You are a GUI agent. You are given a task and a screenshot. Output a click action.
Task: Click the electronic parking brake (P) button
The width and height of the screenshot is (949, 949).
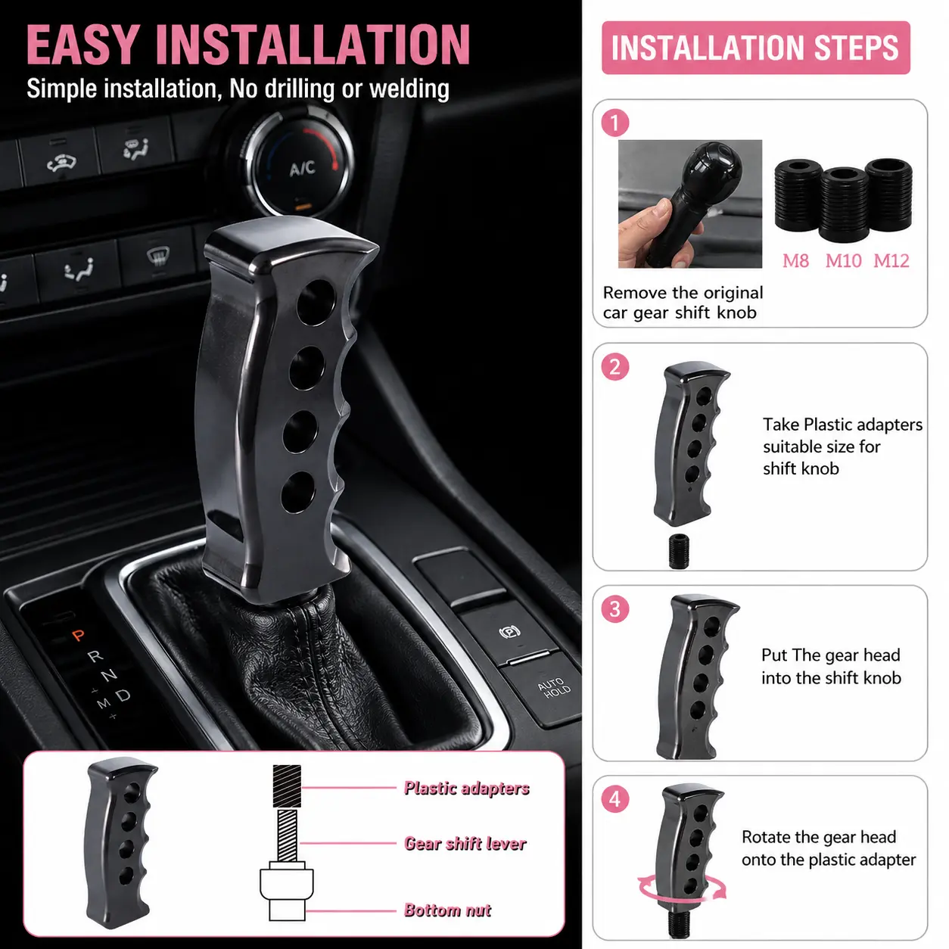(510, 631)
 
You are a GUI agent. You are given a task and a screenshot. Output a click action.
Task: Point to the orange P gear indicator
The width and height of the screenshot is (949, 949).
(78, 635)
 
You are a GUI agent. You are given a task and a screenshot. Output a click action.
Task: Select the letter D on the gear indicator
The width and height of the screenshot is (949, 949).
(123, 695)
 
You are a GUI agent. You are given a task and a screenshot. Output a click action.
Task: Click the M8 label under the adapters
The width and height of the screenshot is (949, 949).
(795, 260)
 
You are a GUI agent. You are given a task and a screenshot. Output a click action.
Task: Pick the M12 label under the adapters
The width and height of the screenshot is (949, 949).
(891, 260)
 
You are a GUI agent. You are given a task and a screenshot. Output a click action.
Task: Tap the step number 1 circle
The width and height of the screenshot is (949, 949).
(615, 123)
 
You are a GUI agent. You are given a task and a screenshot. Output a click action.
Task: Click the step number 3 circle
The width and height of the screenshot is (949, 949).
(615, 608)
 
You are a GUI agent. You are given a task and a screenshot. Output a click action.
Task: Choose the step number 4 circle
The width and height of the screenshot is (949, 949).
(615, 798)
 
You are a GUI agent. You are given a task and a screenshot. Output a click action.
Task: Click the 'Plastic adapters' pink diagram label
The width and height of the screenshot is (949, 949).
(466, 788)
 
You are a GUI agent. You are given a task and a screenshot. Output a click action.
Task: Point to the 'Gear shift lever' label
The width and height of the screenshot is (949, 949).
(465, 844)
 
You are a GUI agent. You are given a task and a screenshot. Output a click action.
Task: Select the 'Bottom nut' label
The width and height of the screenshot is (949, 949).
(447, 910)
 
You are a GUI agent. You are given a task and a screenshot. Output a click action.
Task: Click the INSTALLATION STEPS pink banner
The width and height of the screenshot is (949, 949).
(755, 48)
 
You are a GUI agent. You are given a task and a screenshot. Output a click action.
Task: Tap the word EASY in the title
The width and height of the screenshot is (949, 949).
(82, 45)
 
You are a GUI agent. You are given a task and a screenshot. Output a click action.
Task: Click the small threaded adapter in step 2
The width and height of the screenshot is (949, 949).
(678, 551)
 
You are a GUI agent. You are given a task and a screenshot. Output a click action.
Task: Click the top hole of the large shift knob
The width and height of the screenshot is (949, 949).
(316, 302)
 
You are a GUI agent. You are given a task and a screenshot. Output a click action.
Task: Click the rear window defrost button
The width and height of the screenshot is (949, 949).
(158, 257)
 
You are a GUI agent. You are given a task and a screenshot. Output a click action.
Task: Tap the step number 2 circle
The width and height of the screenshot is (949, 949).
(615, 367)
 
